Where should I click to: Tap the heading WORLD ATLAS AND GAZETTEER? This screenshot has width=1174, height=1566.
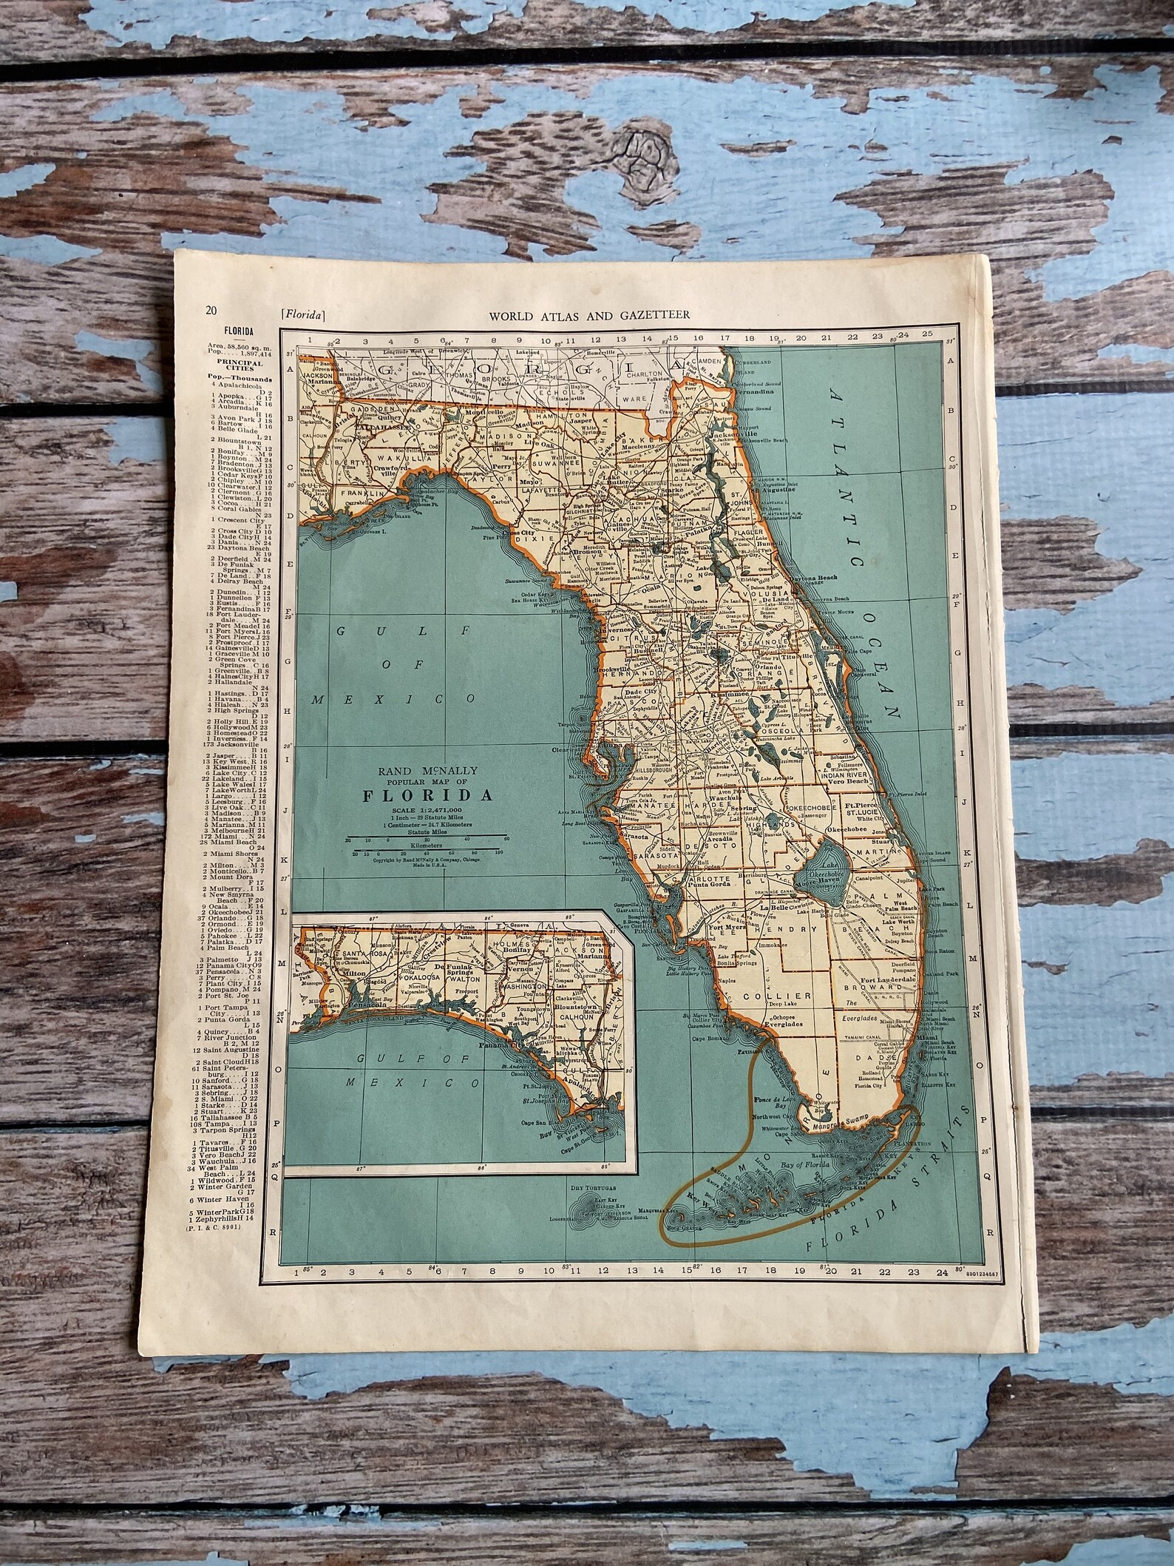[589, 315]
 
